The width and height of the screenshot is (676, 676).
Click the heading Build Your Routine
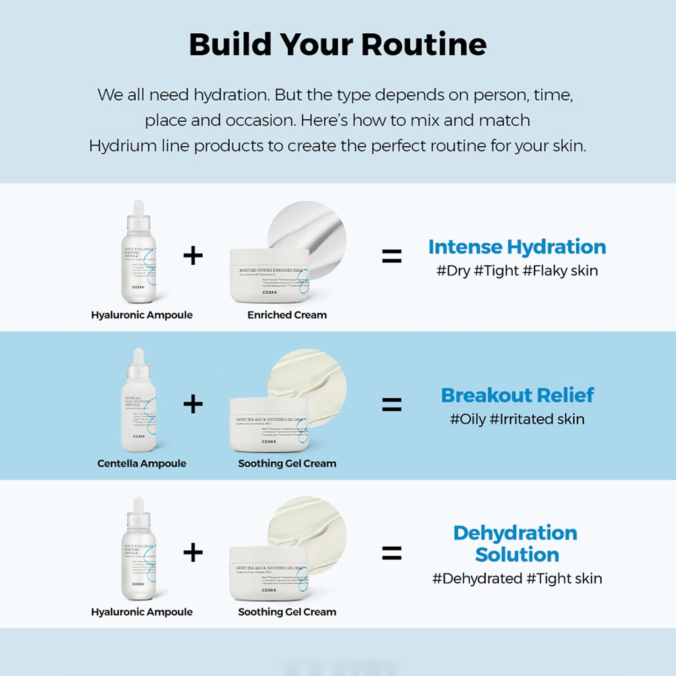[337, 45]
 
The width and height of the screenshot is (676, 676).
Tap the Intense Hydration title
[517, 247]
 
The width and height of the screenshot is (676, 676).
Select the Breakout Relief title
[517, 395]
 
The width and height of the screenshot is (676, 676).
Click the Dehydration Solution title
[516, 544]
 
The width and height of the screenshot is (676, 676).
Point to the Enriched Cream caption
[287, 315]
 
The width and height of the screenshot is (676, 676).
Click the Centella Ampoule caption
[142, 463]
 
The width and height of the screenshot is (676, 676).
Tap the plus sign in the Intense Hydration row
[193, 256]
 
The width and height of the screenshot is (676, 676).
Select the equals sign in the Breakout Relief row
[392, 404]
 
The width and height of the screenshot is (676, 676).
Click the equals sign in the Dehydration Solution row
[392, 553]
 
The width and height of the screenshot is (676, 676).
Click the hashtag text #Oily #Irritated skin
[517, 419]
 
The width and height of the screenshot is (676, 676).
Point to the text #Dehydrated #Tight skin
[517, 579]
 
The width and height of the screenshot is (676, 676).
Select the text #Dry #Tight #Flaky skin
[517, 271]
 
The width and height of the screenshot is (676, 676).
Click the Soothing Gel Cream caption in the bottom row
[287, 612]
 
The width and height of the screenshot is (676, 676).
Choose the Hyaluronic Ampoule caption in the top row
[142, 315]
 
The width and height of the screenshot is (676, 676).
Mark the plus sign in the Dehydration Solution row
[193, 553]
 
